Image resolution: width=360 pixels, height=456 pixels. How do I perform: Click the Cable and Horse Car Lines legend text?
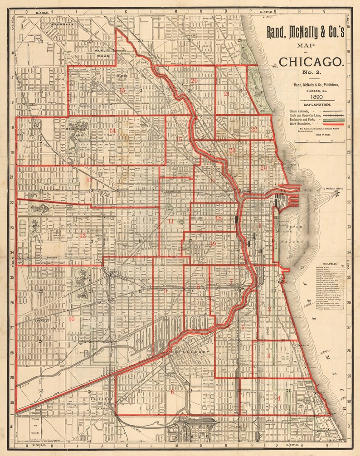305,115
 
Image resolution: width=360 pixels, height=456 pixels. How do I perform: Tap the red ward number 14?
112,131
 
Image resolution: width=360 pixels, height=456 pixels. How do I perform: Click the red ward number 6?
172,392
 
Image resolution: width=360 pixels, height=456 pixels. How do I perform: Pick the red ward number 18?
219,218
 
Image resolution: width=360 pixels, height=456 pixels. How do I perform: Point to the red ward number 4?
278,398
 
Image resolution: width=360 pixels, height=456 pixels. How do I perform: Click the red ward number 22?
254,129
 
